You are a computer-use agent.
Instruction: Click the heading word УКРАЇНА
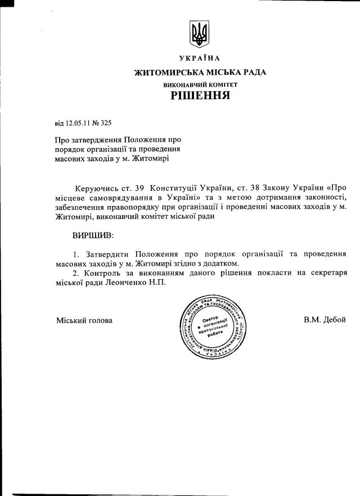pos(200,59)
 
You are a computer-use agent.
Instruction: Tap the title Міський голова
pos(84,320)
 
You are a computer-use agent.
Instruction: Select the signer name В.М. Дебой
pos(325,320)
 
